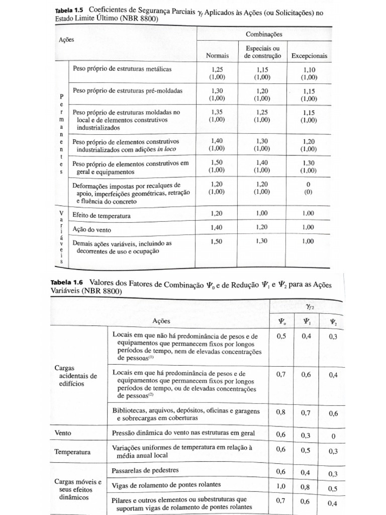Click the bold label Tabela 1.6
point(62,284)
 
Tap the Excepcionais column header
point(309,55)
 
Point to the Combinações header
point(264,34)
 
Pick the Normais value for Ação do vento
point(217,228)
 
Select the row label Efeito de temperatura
point(102,216)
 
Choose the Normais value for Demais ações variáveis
point(217,241)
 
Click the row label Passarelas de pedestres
point(146,470)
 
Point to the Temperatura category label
point(73,452)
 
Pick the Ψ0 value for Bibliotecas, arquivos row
point(280,412)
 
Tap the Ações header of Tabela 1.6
point(161,320)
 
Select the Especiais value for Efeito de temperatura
point(262,213)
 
